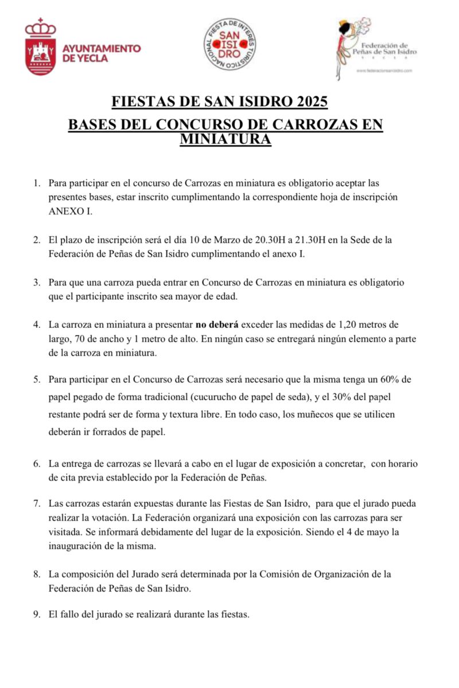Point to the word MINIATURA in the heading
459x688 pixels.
[x=225, y=139]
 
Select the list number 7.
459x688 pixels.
[x=37, y=503]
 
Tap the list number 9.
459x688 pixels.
[x=37, y=615]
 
